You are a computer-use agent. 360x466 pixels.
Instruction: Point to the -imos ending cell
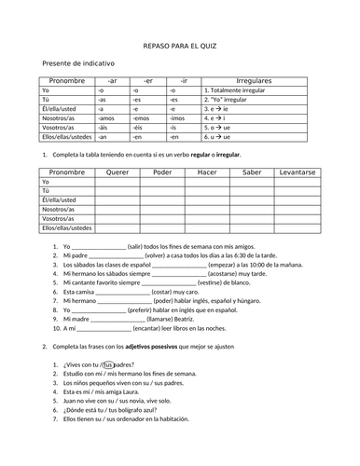click(x=179, y=118)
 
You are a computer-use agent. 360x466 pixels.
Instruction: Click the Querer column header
click(x=118, y=173)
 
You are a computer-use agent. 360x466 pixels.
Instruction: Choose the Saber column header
click(x=251, y=173)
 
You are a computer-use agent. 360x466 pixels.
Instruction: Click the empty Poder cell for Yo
click(x=161, y=183)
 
